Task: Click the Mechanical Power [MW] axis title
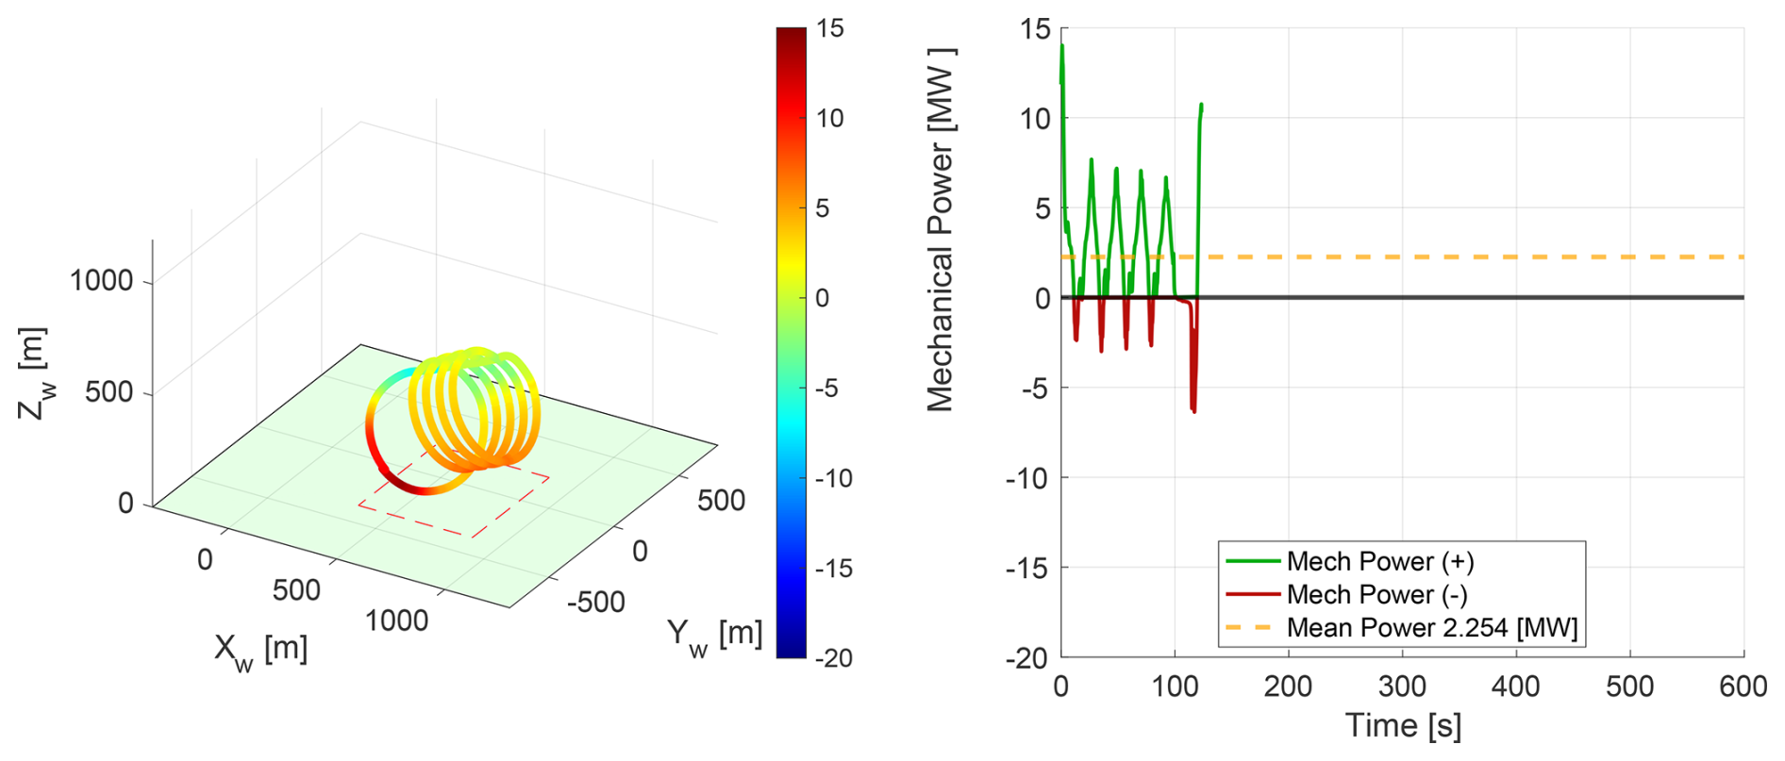click(x=941, y=230)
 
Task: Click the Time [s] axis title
click(x=1402, y=726)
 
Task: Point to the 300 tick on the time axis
click(x=1402, y=686)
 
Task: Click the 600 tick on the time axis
click(x=1743, y=686)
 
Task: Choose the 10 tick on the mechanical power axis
click(x=1034, y=119)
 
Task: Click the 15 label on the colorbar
click(x=830, y=28)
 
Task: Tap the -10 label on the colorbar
click(x=833, y=478)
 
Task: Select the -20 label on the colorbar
click(x=833, y=658)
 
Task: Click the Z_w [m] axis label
click(x=33, y=372)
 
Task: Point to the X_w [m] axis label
click(x=260, y=651)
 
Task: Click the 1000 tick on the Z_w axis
click(x=101, y=280)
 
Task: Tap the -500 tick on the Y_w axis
click(x=595, y=601)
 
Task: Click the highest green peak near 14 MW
click(x=1062, y=45)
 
